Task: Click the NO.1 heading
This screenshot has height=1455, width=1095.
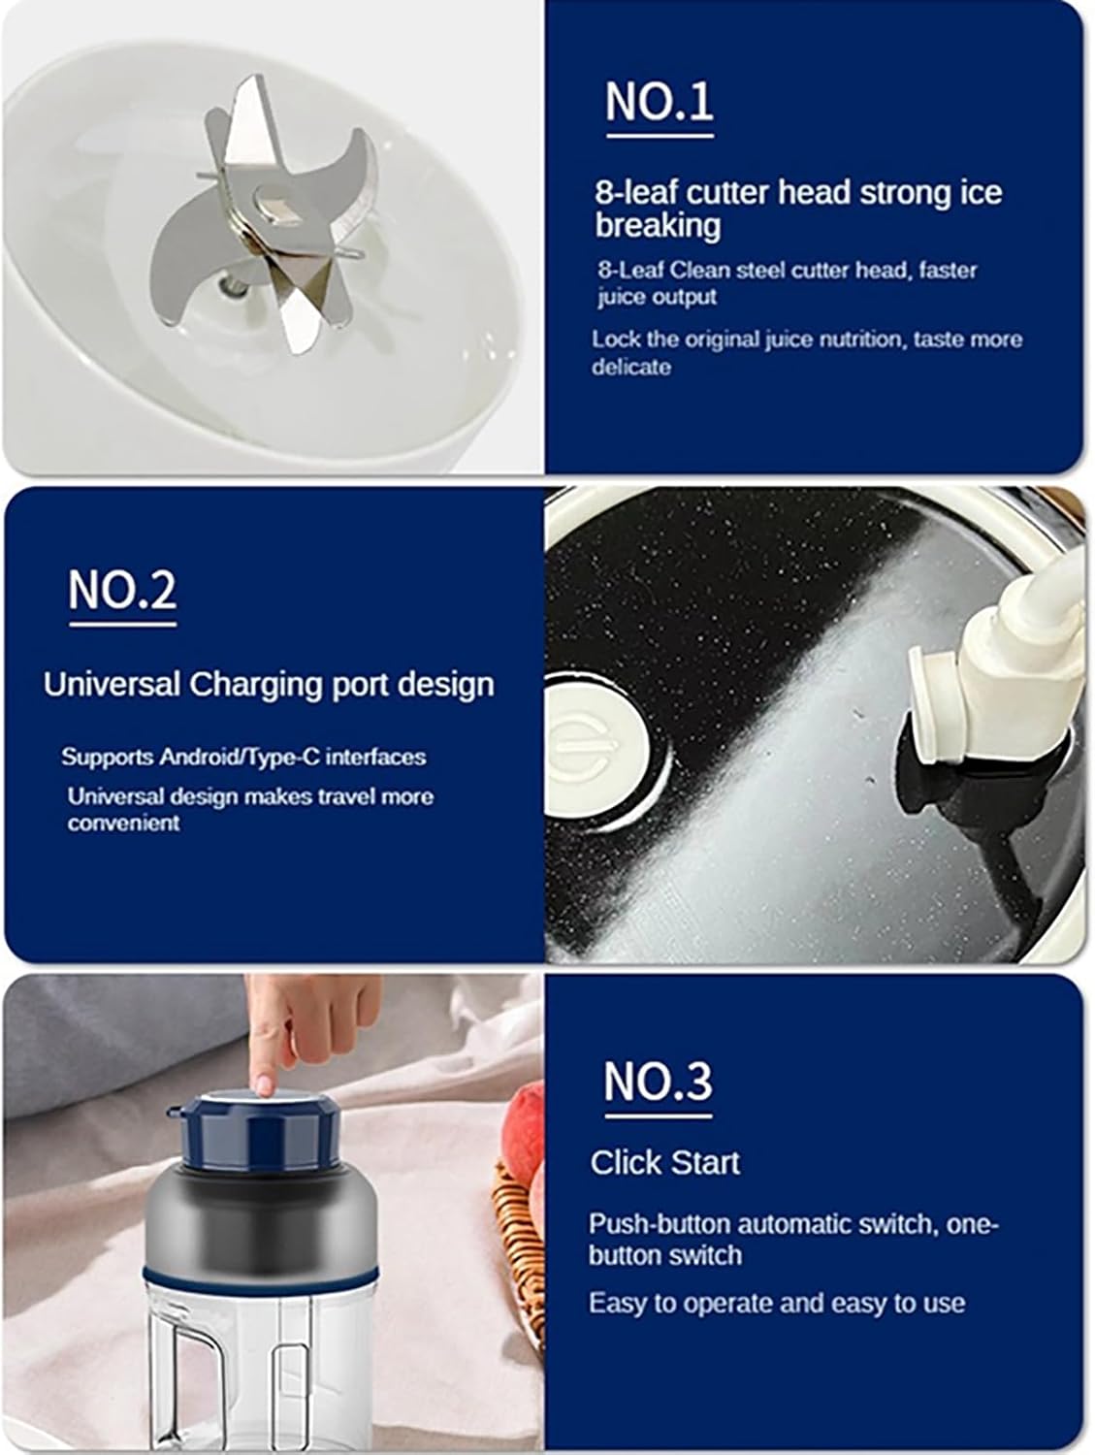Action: pos(660,101)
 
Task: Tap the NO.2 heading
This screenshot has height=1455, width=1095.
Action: pos(122,590)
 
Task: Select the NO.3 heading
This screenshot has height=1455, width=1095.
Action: pos(659,1081)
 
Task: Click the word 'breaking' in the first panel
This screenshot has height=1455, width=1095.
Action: pos(658,225)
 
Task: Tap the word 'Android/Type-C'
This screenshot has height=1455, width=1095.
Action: pos(242,757)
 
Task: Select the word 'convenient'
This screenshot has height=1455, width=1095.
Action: pos(123,824)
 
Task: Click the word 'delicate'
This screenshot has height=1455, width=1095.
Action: pos(631,368)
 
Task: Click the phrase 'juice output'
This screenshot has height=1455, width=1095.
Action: pos(657,297)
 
